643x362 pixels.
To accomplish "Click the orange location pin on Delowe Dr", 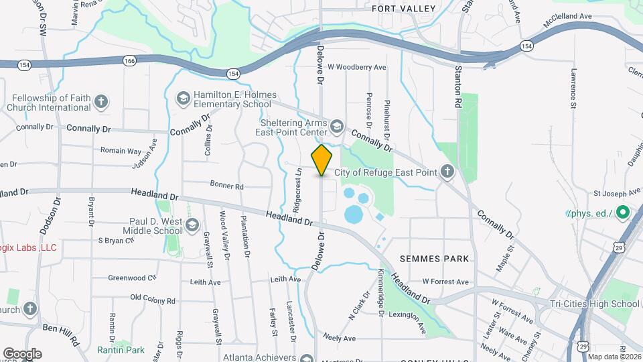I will click(322, 160).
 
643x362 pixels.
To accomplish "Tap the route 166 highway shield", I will click(129, 60).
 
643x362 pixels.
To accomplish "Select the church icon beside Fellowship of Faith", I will click(100, 102).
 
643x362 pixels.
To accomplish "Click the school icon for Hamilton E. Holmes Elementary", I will click(183, 99).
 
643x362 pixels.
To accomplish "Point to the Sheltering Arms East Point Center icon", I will click(336, 125).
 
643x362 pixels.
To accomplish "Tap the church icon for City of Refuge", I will click(447, 172).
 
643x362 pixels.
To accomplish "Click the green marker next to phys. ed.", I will click(622, 214).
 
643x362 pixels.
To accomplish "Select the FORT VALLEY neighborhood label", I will click(403, 9).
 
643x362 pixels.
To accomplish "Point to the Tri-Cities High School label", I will click(592, 304).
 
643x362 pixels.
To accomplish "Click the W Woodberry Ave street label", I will click(357, 67).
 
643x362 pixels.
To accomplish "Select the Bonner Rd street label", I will click(226, 186).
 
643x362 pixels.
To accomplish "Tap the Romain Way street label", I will click(121, 152).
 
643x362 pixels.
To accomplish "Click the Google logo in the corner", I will click(22, 353).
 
